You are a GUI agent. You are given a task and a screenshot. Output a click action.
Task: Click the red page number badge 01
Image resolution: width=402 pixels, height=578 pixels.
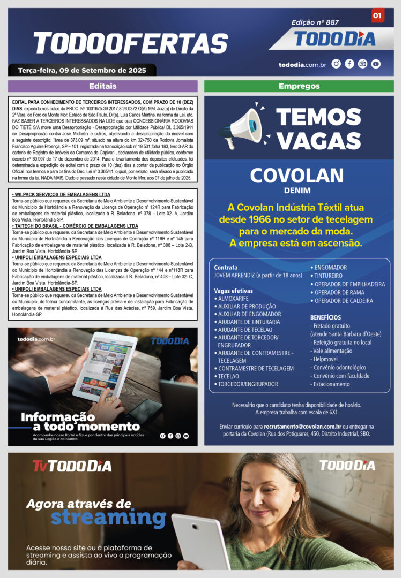[377, 16]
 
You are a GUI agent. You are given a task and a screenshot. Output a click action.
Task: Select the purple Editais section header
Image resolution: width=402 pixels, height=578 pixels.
[102, 86]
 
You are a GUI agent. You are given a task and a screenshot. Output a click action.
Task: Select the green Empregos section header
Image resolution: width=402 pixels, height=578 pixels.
[299, 86]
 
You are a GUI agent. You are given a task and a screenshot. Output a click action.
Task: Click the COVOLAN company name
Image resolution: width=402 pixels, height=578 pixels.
[296, 176]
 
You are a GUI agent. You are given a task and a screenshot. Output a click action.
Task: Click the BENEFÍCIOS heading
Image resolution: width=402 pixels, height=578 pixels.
[325, 317]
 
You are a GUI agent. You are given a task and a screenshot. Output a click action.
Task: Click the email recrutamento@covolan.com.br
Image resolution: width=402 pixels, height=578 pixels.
[303, 427]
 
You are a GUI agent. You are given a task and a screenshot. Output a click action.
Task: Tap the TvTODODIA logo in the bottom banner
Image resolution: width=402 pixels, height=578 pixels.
[72, 466]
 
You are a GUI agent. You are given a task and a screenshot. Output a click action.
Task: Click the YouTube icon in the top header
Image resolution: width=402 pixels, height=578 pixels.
[376, 64]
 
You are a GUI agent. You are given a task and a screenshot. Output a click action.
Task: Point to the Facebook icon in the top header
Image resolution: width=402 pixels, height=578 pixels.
[349, 64]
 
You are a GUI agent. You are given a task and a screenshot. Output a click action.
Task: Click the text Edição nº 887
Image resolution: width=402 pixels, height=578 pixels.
[315, 22]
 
